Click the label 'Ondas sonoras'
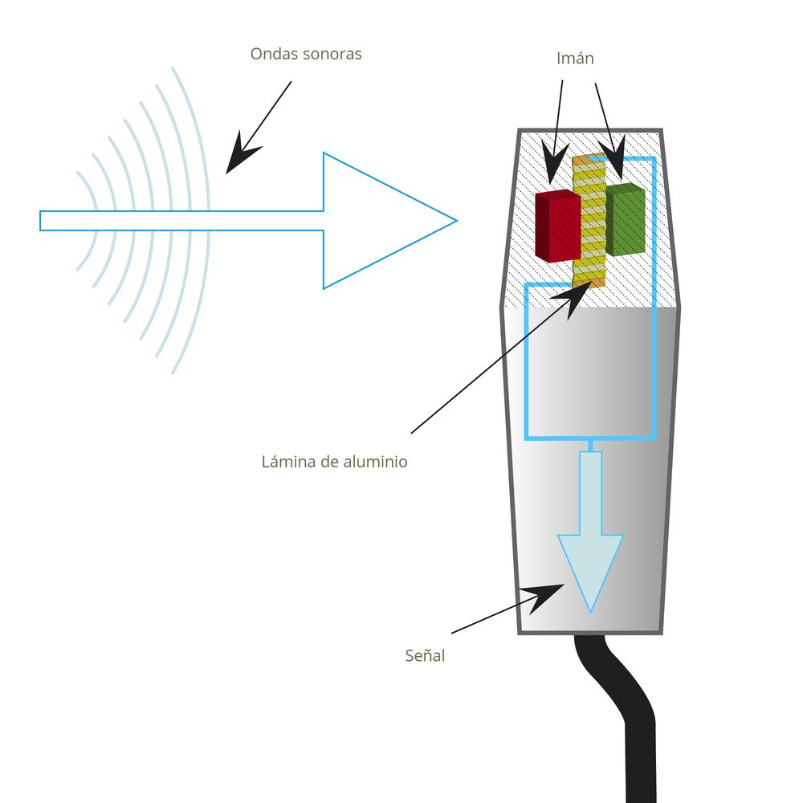306,55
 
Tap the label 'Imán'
575,59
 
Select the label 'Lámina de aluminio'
334,462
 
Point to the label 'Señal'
425,655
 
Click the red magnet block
556,225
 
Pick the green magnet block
625,219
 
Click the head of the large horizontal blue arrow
377,220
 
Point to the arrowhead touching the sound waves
238,159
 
